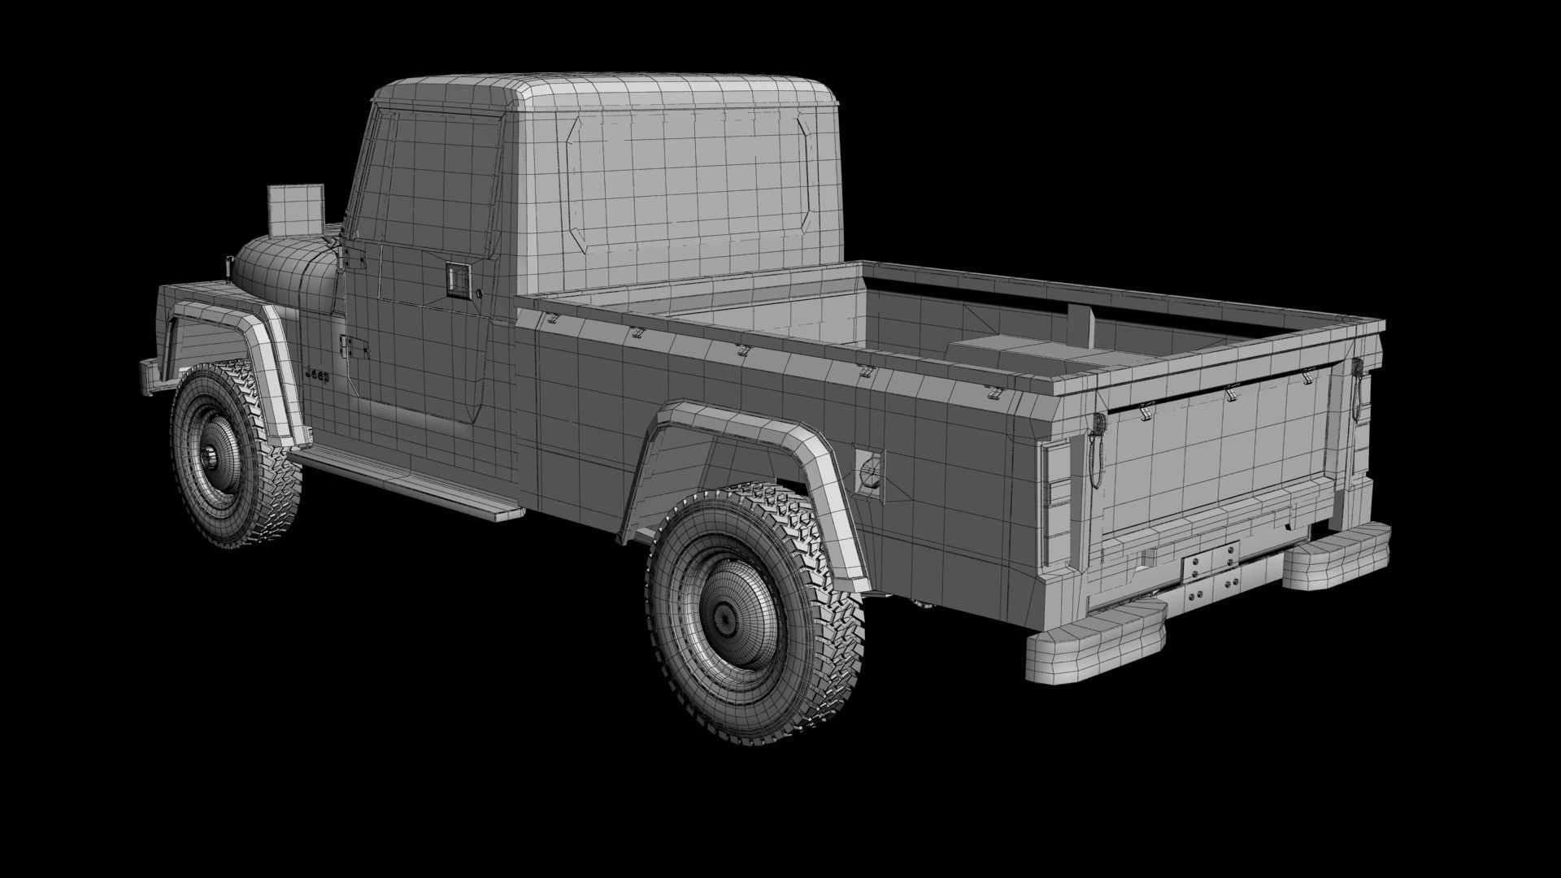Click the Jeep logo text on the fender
[x=317, y=376]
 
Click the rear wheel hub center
[x=723, y=615]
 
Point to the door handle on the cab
[x=459, y=280]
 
